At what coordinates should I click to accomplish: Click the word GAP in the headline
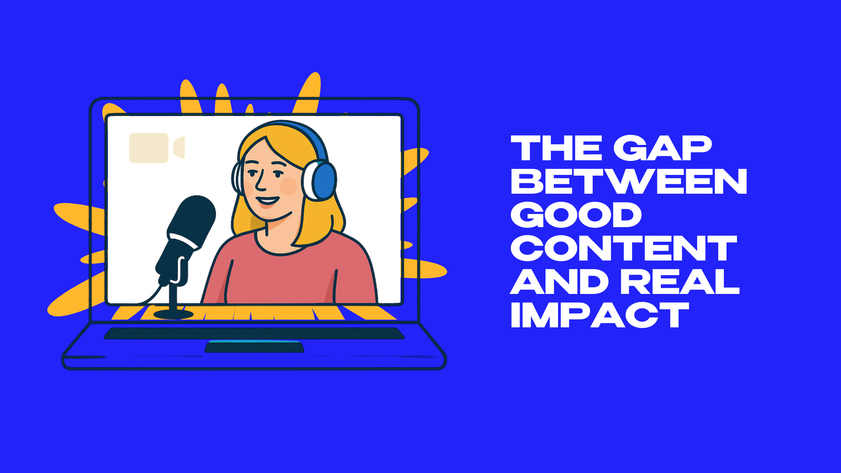pyautogui.click(x=663, y=148)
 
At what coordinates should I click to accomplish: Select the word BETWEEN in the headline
pyautogui.click(x=629, y=181)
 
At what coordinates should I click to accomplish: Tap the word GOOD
pyautogui.click(x=576, y=215)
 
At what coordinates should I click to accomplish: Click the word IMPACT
pyautogui.click(x=600, y=315)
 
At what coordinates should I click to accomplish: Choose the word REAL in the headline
pyautogui.click(x=680, y=282)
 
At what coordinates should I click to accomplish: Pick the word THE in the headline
pyautogui.click(x=557, y=148)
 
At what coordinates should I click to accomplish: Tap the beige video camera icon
pyautogui.click(x=157, y=148)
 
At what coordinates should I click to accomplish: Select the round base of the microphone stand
pyautogui.click(x=173, y=314)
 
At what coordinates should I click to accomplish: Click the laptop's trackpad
pyautogui.click(x=254, y=347)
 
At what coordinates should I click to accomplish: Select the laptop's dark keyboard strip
pyautogui.click(x=254, y=333)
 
